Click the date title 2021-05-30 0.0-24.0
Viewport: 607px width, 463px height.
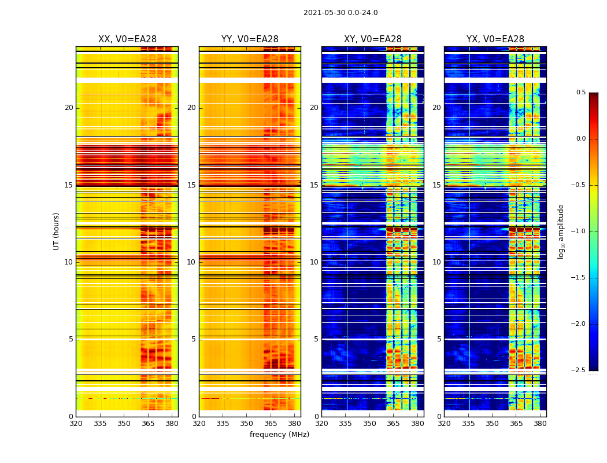[340, 13]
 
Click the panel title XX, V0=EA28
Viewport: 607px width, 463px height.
[127, 39]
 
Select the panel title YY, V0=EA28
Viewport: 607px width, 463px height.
[250, 39]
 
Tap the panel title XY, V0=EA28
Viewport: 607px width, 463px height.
[372, 39]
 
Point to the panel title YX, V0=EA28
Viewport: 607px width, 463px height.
[495, 39]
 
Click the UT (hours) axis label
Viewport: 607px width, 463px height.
[56, 231]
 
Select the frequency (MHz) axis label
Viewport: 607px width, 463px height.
[279, 435]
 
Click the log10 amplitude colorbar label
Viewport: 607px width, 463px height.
[561, 231]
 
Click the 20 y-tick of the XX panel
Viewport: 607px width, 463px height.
[69, 108]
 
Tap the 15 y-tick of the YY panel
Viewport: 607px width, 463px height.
[191, 185]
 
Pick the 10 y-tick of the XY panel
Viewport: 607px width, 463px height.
[314, 262]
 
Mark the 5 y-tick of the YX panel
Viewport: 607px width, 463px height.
[439, 339]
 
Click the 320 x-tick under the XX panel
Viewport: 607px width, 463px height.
[76, 424]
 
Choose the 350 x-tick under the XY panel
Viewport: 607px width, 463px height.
[369, 424]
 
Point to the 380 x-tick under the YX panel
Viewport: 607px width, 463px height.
[540, 424]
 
